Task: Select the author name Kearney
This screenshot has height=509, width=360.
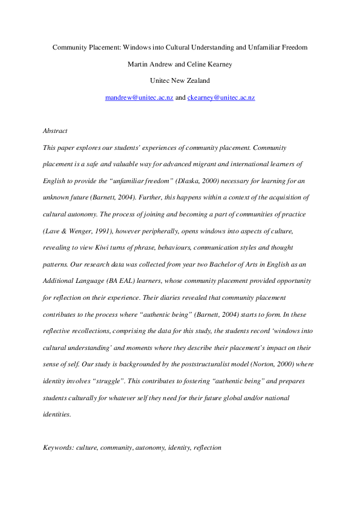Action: (205, 63)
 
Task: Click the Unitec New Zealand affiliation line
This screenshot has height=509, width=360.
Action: (180, 80)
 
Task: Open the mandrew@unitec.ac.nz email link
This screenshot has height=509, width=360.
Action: (139, 97)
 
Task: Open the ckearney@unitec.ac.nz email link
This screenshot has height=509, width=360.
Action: (221, 97)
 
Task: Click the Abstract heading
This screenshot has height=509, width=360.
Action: (55, 131)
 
